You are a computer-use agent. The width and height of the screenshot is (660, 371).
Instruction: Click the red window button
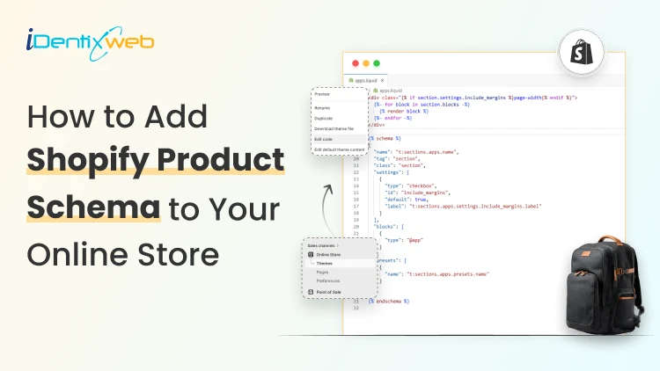(x=356, y=64)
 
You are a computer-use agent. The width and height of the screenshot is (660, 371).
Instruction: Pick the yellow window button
(x=366, y=64)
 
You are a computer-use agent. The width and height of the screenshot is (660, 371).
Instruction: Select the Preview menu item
(x=322, y=94)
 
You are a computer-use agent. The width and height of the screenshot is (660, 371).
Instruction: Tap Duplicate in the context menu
(x=325, y=116)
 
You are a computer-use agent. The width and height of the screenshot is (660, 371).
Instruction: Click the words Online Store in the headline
(x=122, y=253)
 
